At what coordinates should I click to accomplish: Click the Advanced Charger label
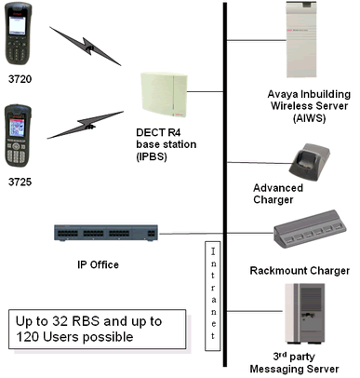click(285, 193)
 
